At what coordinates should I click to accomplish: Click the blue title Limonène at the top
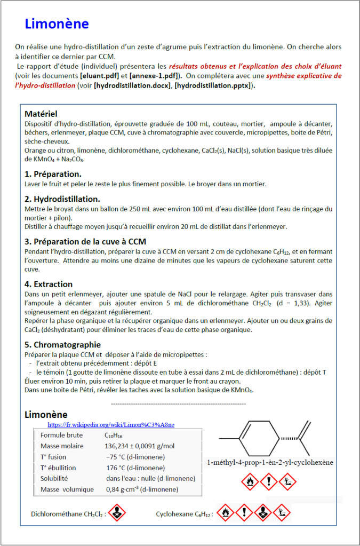[57, 23]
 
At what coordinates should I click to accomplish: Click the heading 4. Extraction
[49, 284]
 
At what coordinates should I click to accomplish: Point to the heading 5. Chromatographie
[62, 345]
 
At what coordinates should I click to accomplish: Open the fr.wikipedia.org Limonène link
[111, 425]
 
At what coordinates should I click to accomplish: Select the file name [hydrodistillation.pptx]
[213, 85]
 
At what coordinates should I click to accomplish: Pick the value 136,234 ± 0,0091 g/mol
[140, 446]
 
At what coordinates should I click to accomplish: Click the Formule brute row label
[61, 435]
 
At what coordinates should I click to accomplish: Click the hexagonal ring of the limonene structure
[260, 439]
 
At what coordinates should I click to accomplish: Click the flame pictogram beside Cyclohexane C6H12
[226, 513]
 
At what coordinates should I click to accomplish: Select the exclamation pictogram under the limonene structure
[269, 482]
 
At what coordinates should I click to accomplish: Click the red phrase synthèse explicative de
[304, 75]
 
